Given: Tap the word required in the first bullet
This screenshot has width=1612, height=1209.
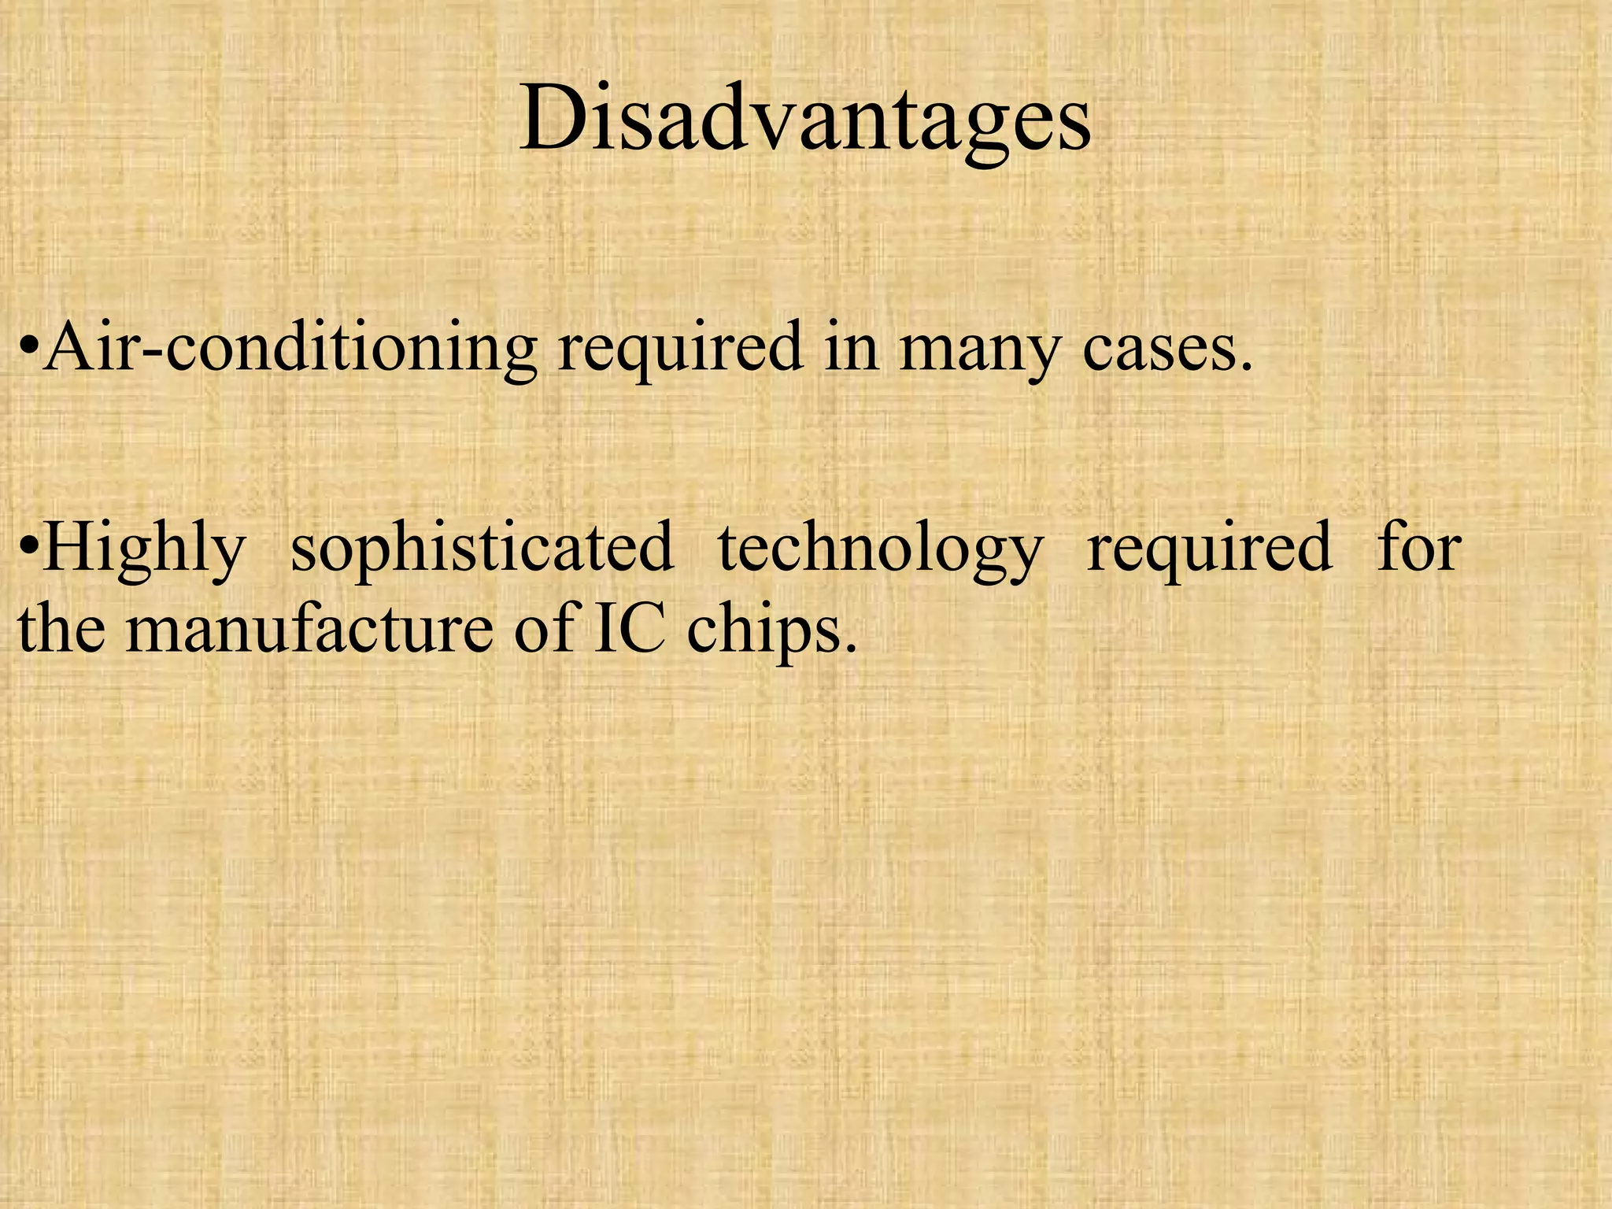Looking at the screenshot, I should click(x=681, y=348).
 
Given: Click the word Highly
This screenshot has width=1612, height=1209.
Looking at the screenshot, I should click(x=144, y=549).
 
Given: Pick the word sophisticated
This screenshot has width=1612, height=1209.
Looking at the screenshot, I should click(x=482, y=549).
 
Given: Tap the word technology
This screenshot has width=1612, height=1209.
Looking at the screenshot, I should click(x=881, y=549).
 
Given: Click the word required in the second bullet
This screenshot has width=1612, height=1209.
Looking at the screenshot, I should click(x=1209, y=549).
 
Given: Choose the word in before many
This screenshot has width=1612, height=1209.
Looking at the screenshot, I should click(x=850, y=348).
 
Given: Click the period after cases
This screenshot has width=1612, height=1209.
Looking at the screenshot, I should click(x=1244, y=366).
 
